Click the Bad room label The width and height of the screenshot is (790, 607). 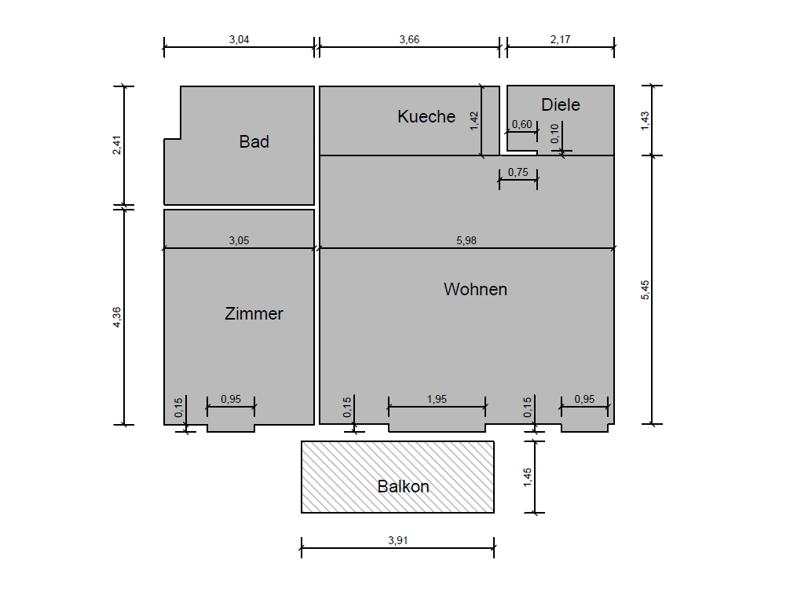tap(254, 141)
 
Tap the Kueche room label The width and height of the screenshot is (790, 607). tap(426, 116)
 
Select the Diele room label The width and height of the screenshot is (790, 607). tap(560, 104)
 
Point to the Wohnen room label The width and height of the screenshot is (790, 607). tap(475, 289)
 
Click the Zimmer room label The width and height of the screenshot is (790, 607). tap(254, 313)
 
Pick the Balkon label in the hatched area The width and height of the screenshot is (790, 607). tap(403, 486)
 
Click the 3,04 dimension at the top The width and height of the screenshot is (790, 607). tap(240, 39)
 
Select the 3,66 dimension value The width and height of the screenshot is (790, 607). tap(409, 39)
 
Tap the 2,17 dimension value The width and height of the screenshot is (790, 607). tap(560, 39)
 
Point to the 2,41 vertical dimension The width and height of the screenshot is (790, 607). tap(117, 145)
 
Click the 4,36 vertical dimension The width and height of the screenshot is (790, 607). tap(117, 317)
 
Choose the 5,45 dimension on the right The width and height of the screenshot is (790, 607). tap(646, 291)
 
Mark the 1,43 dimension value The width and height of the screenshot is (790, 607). tap(646, 121)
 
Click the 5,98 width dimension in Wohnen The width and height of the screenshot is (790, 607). tap(466, 240)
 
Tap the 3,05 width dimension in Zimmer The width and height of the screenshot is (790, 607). tap(239, 240)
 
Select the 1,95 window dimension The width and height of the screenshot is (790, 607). tap(437, 399)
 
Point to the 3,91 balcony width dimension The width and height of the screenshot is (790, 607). tap(397, 540)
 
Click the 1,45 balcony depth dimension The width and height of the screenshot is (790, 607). tap(528, 477)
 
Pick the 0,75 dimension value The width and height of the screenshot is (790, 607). tap(518, 172)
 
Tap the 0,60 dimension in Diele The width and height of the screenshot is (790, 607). tap(522, 124)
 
